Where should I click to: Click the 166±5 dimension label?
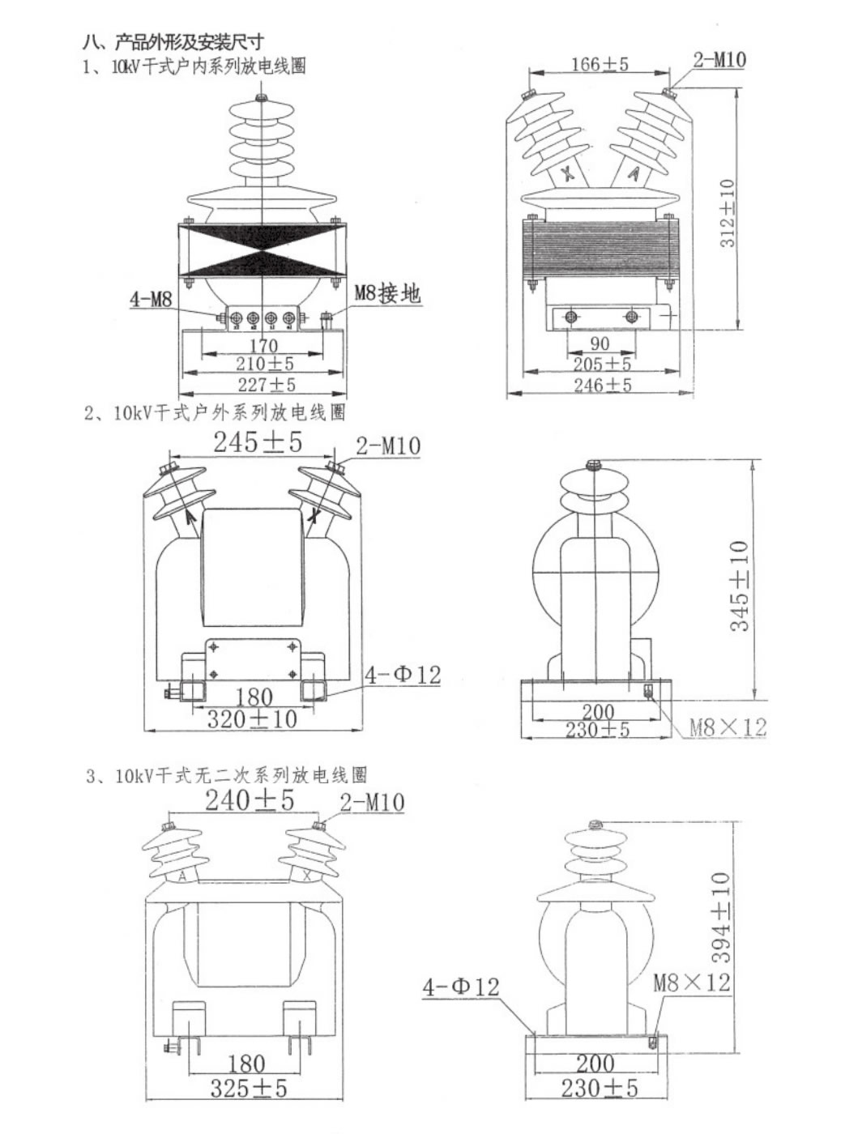[x=600, y=64]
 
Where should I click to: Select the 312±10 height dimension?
[x=728, y=212]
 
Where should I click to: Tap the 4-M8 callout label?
[x=152, y=299]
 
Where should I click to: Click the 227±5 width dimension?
[x=266, y=384]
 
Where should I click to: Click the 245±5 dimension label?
[x=258, y=442]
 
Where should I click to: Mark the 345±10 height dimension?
[x=740, y=586]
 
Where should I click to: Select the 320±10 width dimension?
[x=252, y=719]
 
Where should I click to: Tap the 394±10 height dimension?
[x=720, y=917]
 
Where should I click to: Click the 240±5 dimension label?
[x=249, y=800]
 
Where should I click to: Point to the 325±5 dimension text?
[x=249, y=1088]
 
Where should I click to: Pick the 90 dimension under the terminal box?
[x=600, y=343]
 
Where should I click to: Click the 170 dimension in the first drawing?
[x=263, y=346]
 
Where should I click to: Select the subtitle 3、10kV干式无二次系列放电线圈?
[x=227, y=775]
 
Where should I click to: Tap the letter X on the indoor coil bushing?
[x=568, y=173]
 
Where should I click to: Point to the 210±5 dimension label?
[x=264, y=364]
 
